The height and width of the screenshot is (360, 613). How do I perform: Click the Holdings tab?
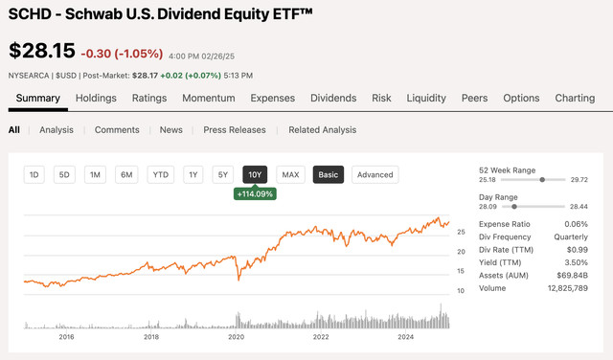pyautogui.click(x=96, y=98)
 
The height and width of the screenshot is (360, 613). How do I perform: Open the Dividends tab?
pyautogui.click(x=332, y=98)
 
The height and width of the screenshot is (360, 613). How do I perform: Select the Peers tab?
pyautogui.click(x=474, y=98)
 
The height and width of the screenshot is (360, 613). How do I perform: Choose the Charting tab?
pyautogui.click(x=575, y=98)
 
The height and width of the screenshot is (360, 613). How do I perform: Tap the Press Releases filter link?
pyautogui.click(x=236, y=130)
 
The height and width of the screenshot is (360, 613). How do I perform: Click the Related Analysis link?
pyautogui.click(x=322, y=130)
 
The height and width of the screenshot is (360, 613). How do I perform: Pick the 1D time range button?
pyautogui.click(x=34, y=174)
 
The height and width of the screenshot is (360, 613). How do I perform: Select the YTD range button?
pyautogui.click(x=160, y=174)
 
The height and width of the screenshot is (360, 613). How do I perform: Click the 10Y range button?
pyautogui.click(x=255, y=174)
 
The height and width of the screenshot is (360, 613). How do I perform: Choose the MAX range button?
pyautogui.click(x=290, y=174)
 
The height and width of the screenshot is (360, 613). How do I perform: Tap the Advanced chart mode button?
pyautogui.click(x=375, y=174)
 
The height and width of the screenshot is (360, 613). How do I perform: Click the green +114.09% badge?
pyautogui.click(x=255, y=193)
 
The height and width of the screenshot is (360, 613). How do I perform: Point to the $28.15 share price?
pyautogui.click(x=40, y=51)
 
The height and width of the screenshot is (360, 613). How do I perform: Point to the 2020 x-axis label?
pyautogui.click(x=237, y=336)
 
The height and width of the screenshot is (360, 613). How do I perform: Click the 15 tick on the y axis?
pyautogui.click(x=462, y=271)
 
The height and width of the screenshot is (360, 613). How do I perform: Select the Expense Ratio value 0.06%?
pyautogui.click(x=575, y=223)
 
